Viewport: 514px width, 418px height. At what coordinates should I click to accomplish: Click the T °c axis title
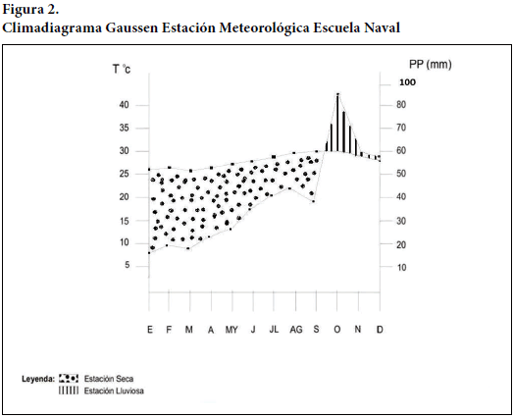(122, 69)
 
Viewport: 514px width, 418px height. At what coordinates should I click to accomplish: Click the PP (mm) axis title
(430, 64)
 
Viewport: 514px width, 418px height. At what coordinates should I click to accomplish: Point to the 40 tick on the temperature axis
(125, 105)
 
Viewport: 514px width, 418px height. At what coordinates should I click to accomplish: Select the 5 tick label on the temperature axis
(128, 265)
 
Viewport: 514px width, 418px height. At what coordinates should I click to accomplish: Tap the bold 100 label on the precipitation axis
(407, 82)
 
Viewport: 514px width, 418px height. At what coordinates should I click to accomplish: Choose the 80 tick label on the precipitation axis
(401, 105)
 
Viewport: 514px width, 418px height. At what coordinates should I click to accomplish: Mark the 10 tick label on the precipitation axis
(401, 268)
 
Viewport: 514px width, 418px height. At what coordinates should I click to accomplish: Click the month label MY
(231, 330)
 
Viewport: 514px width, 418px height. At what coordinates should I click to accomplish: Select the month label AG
(295, 330)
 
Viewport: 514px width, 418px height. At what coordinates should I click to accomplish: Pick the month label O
(337, 329)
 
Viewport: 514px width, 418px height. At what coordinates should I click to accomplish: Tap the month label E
(150, 329)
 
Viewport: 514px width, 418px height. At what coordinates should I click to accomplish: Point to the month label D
(380, 329)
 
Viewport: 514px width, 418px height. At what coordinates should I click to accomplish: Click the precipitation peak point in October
(337, 94)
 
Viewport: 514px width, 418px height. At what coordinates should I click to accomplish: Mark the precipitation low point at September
(313, 201)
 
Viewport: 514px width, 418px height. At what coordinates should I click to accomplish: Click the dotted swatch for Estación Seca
(69, 379)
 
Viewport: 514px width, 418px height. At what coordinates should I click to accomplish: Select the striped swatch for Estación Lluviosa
(69, 391)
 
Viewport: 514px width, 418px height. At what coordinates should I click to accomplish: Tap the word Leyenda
(38, 379)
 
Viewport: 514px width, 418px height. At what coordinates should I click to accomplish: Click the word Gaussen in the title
(131, 27)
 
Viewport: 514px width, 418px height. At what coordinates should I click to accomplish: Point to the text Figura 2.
(30, 10)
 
